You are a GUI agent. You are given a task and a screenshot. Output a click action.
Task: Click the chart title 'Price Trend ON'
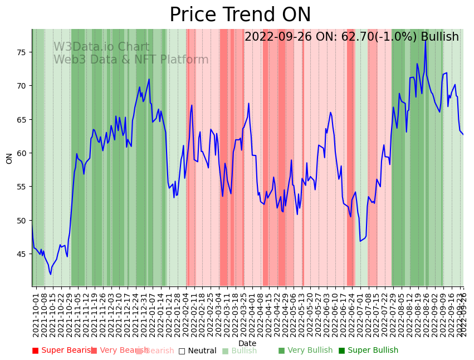(x=240, y=15)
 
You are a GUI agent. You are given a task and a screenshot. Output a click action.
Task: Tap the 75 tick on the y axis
(x=22, y=52)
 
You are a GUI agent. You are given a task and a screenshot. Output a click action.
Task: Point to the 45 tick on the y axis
(x=22, y=254)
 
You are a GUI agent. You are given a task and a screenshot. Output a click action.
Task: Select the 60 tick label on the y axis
(x=22, y=153)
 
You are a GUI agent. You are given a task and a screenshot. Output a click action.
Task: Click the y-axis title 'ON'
(x=9, y=158)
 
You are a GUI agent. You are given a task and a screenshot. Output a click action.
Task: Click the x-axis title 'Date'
(x=247, y=344)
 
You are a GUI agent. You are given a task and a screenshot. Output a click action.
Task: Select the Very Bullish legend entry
(x=305, y=351)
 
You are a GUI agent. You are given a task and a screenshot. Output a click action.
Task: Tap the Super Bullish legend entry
(x=368, y=351)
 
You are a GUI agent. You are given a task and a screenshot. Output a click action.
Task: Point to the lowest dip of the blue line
(x=51, y=274)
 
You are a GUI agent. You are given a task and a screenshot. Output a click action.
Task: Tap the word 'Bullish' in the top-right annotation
(x=439, y=37)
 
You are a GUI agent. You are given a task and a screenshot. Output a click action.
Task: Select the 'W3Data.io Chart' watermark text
(x=101, y=47)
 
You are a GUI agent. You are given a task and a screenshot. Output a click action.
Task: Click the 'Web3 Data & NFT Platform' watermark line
(x=131, y=60)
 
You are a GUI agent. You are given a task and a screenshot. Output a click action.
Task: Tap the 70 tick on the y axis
(x=22, y=86)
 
